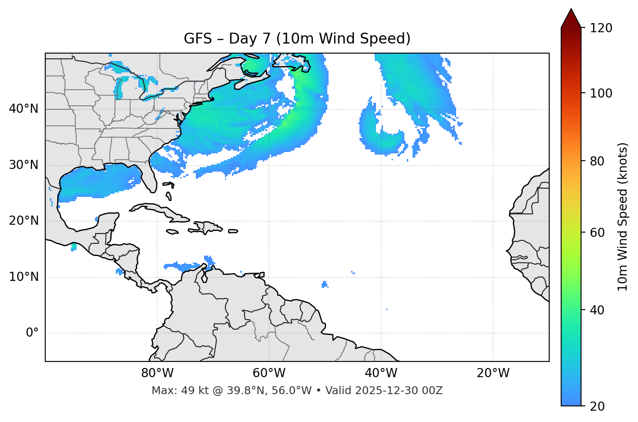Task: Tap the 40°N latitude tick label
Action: (x=24, y=109)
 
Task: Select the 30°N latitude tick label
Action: (x=24, y=165)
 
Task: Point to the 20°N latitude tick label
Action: (x=24, y=221)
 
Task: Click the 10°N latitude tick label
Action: (x=24, y=277)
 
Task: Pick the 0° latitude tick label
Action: (x=32, y=333)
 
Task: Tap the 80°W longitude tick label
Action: (x=157, y=373)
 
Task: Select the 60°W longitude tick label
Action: (x=269, y=373)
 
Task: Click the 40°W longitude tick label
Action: (x=381, y=373)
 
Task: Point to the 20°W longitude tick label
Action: (x=493, y=373)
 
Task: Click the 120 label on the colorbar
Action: (x=601, y=28)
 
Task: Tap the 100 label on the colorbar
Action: (x=601, y=93)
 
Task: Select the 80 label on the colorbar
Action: (x=597, y=161)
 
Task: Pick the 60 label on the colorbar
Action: (x=597, y=233)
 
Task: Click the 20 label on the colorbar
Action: (x=597, y=406)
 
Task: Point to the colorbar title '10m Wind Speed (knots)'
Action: (x=623, y=217)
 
